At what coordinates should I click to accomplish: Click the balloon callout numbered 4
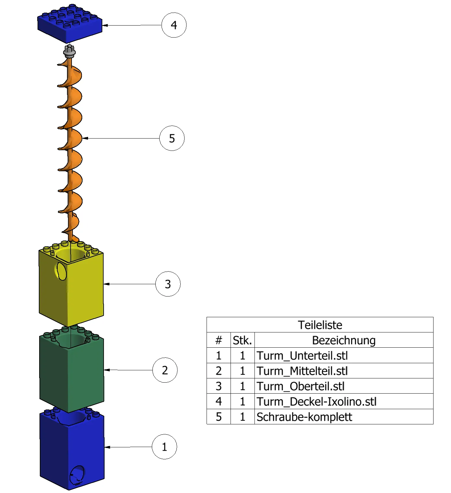174,25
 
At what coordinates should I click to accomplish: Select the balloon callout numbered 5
172,138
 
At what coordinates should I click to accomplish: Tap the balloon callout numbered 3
168,284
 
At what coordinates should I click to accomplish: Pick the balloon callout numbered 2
165,370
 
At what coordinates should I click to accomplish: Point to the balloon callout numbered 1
164,447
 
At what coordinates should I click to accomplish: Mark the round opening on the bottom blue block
77,475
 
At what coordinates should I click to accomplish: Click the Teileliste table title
320,325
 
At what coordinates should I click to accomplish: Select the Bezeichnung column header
344,340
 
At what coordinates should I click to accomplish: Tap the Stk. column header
242,340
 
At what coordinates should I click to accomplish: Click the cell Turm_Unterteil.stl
302,355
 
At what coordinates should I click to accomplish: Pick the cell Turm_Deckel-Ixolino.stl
316,401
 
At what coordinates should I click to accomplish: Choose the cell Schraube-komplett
304,417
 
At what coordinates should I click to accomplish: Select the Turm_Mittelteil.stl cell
302,371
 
